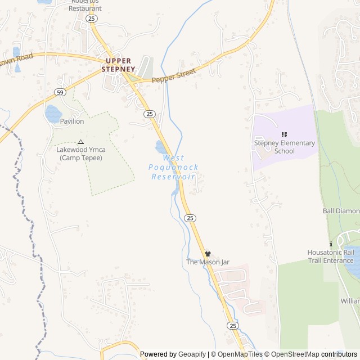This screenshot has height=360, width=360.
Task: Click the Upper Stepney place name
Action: pyautogui.click(x=118, y=65)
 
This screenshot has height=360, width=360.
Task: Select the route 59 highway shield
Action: pyautogui.click(x=60, y=92)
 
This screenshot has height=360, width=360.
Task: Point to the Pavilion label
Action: pyautogui.click(x=72, y=121)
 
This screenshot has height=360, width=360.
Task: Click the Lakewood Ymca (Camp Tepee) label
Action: pyautogui.click(x=80, y=154)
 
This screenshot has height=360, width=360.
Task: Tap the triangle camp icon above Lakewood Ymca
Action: pyautogui.click(x=80, y=142)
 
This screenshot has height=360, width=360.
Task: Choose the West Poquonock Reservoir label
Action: pyautogui.click(x=173, y=168)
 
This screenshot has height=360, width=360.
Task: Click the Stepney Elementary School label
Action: pyautogui.click(x=284, y=147)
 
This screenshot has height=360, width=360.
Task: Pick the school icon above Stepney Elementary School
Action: pyautogui.click(x=284, y=134)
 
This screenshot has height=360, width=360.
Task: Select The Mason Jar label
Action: pyautogui.click(x=208, y=262)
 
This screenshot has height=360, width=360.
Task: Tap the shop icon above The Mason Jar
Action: pyautogui.click(x=208, y=254)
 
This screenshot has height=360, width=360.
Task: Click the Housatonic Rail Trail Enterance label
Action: pyautogui.click(x=331, y=256)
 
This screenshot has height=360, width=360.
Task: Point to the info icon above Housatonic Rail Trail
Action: pyautogui.click(x=331, y=244)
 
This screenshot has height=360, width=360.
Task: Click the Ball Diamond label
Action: pyautogui.click(x=341, y=211)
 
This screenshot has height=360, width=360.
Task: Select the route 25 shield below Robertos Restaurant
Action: pyautogui.click(x=92, y=19)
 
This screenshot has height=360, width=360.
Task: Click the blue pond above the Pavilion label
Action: pyautogui.click(x=53, y=113)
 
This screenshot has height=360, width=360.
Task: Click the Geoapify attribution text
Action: pyautogui.click(x=192, y=354)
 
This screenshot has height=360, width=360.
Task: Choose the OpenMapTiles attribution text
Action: pyautogui.click(x=240, y=354)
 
